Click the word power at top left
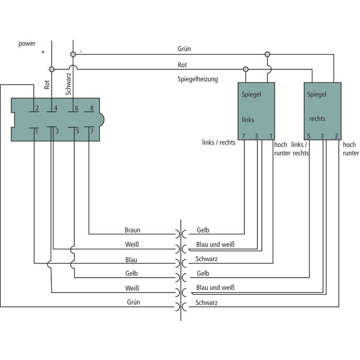click(27, 44)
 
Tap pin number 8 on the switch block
click(92, 108)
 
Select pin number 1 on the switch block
click(36, 131)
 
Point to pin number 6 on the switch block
click(76, 108)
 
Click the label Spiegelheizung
click(198, 79)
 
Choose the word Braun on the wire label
click(132, 230)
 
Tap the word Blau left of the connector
click(131, 260)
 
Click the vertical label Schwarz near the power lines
click(68, 85)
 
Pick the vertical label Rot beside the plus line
click(47, 85)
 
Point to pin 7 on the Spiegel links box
click(243, 136)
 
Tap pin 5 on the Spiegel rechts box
click(309, 136)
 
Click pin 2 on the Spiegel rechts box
click(337, 136)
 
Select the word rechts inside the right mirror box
click(317, 119)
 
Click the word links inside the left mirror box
click(248, 120)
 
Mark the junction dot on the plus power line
click(51, 69)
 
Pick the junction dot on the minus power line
click(73, 54)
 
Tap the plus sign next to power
click(43, 52)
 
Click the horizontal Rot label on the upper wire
click(182, 65)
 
